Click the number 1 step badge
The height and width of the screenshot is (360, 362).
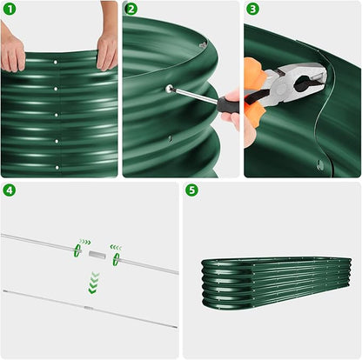[x=10, y=10]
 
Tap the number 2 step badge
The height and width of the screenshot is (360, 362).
[x=131, y=10]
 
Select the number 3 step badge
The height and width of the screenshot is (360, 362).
[x=252, y=10]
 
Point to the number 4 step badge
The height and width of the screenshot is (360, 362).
[x=10, y=190]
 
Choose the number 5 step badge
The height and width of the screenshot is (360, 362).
[x=191, y=190]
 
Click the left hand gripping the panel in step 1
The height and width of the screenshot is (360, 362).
[x=13, y=52]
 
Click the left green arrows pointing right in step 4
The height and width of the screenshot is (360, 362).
[x=84, y=243]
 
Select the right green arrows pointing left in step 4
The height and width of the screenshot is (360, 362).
[x=115, y=248]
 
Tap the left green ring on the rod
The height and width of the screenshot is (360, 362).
[x=77, y=250]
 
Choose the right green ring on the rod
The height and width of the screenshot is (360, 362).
[x=115, y=259]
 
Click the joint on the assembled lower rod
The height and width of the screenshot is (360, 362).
[x=88, y=308]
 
